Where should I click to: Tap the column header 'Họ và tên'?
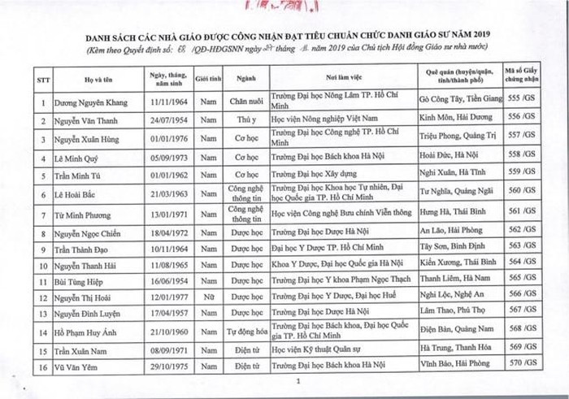point(93,80)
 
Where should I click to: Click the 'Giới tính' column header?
point(209,80)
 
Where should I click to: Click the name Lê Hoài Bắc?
point(79,195)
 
